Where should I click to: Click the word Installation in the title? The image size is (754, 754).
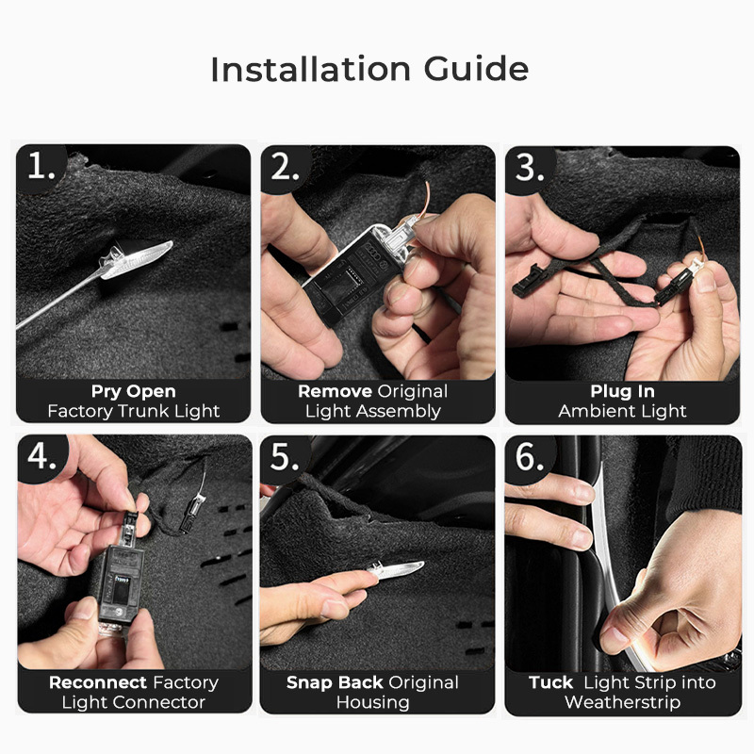311,69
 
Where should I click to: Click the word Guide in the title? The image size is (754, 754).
476,69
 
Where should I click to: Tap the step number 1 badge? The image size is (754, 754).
41,168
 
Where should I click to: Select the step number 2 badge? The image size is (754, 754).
286,169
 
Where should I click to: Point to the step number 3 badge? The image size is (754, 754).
530,170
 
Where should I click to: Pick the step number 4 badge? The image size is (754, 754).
42,457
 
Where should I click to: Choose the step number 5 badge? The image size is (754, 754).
286,458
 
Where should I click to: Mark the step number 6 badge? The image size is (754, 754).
531,458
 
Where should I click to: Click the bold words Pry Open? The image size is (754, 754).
134,392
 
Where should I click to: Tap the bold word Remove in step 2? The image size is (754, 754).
335,391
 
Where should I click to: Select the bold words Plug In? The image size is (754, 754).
623,392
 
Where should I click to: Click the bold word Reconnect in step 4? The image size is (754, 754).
98,682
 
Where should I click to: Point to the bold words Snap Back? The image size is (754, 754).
335,682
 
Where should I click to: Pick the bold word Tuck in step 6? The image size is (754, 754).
550,682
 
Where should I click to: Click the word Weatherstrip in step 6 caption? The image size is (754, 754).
623,702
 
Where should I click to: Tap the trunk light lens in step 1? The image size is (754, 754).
137,260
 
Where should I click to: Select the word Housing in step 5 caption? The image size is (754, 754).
372,702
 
